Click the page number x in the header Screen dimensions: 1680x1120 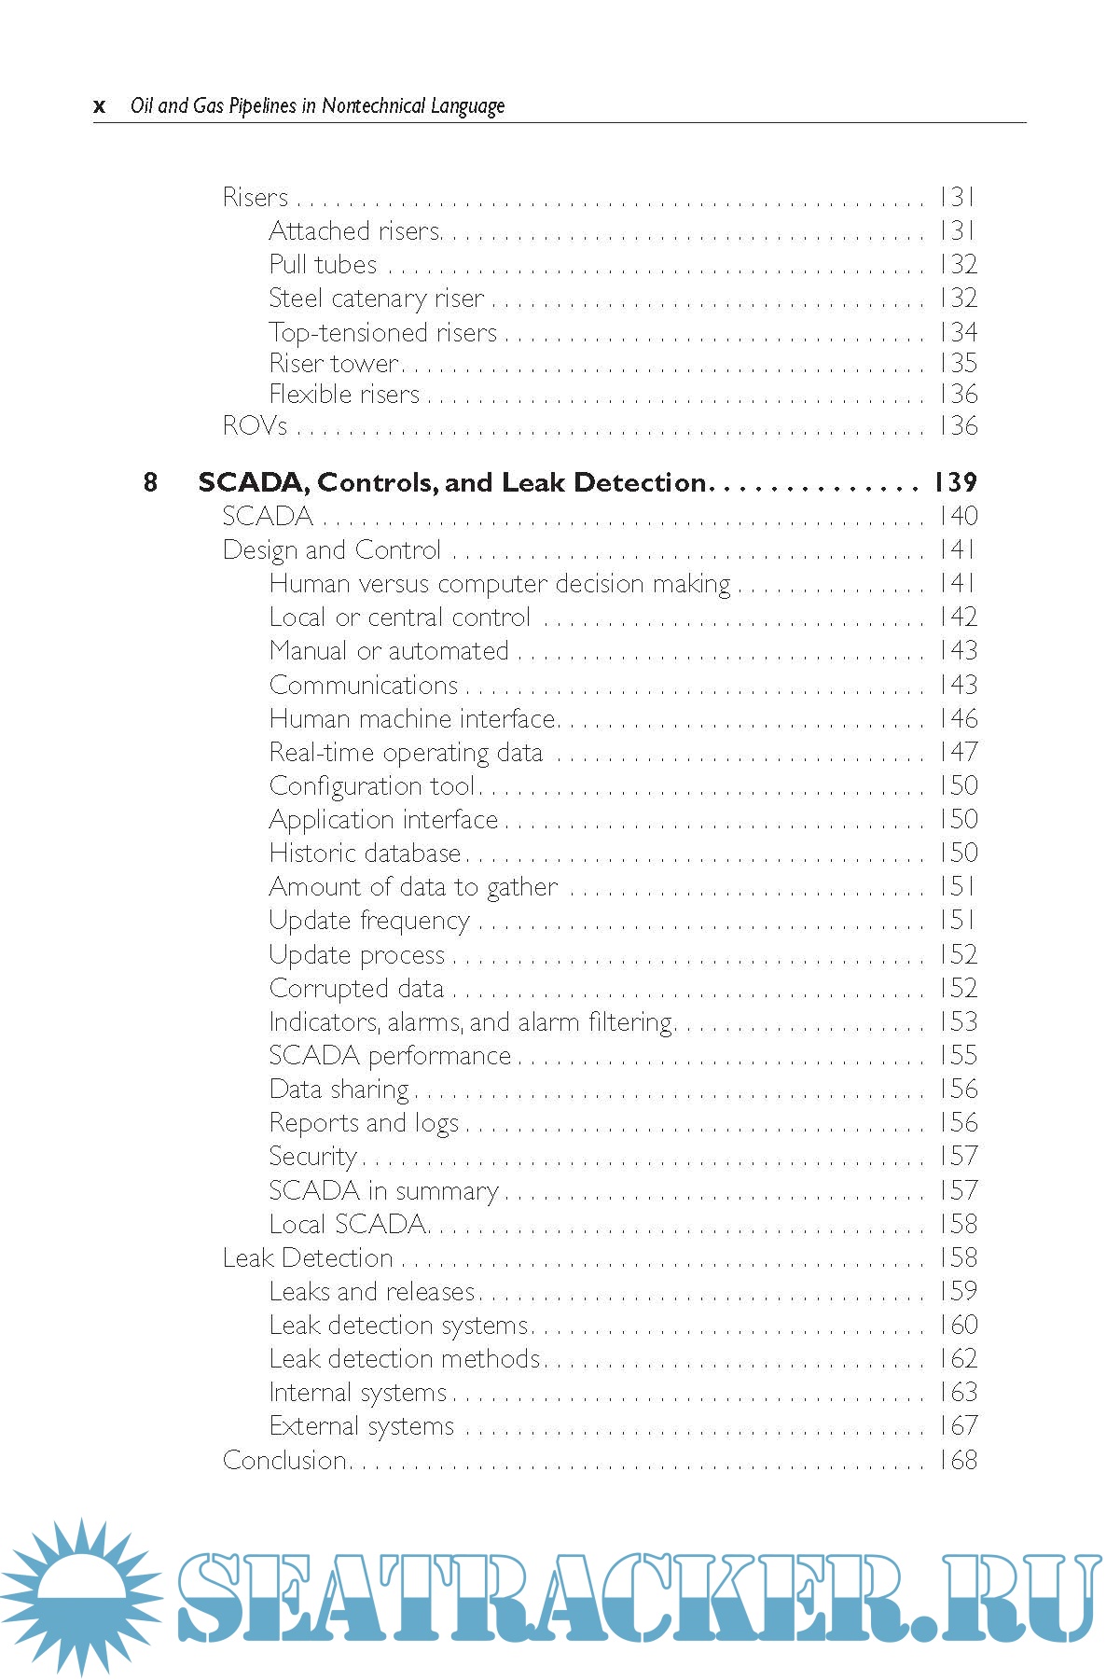99,107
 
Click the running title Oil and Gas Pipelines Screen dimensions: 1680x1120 317,106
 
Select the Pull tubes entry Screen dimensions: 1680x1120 323,265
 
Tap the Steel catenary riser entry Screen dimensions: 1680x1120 377,299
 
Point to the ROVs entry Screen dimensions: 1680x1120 255,426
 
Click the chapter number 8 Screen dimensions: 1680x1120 150,482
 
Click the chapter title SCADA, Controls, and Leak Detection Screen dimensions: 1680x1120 452,482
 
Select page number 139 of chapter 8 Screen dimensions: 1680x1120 956,482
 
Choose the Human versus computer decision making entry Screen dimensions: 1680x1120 500,584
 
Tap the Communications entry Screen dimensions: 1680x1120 364,686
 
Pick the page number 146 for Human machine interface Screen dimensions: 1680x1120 958,719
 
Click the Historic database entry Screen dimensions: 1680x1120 365,854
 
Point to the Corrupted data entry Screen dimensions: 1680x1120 356,989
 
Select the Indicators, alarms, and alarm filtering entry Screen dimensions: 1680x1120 471,1022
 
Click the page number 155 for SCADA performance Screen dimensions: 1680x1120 958,1056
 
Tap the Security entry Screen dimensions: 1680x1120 312,1157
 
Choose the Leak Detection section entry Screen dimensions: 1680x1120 308,1258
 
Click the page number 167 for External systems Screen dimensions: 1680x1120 958,1426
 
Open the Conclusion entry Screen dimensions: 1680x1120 284,1461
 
